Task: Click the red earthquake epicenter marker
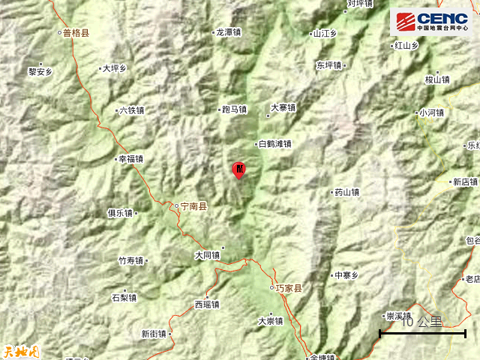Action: [x=238, y=169]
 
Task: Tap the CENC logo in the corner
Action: [x=430, y=22]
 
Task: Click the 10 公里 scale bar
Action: [x=423, y=331]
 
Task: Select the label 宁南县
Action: [x=194, y=204]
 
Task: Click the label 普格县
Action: [x=76, y=33]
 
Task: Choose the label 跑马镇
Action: [x=234, y=109]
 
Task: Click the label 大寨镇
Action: [x=283, y=107]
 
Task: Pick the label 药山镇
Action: [x=346, y=192]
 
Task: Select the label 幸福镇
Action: [x=130, y=159]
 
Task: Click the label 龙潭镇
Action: [x=228, y=33]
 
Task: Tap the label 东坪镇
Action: [x=328, y=64]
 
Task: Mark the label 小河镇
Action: [x=431, y=113]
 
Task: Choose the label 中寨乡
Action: [x=346, y=275]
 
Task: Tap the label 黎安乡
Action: [x=40, y=72]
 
